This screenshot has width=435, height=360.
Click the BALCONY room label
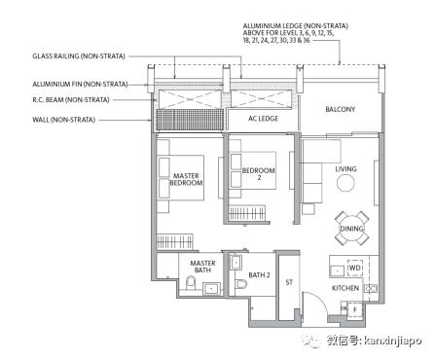pyautogui.click(x=340, y=109)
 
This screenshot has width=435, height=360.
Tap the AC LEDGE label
pyautogui.click(x=263, y=119)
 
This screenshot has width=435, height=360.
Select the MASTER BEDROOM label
pyautogui.click(x=186, y=179)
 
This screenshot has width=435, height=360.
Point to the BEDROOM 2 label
pyautogui.click(x=259, y=174)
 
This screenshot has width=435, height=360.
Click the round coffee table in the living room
pyautogui.click(x=345, y=184)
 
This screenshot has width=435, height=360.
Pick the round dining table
pyautogui.click(x=351, y=229)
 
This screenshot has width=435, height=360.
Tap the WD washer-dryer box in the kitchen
pyautogui.click(x=354, y=268)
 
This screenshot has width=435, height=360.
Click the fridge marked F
pyautogui.click(x=354, y=310)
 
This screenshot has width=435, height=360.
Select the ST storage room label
pyautogui.click(x=289, y=282)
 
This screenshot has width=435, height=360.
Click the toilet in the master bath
pyautogui.click(x=191, y=283)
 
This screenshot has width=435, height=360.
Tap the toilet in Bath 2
pyautogui.click(x=240, y=285)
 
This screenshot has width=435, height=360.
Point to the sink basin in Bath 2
pyautogui.click(x=236, y=262)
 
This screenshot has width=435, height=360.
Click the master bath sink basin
pyautogui.click(x=212, y=289)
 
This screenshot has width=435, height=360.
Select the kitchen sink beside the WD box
pyautogui.click(x=337, y=270)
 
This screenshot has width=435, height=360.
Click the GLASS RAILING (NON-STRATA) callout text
pyautogui.click(x=79, y=56)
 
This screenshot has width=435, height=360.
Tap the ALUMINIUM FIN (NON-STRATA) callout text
pyautogui.click(x=80, y=85)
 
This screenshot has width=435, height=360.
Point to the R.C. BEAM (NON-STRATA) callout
pyautogui.click(x=71, y=100)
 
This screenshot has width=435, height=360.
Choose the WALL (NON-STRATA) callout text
pyautogui.click(x=63, y=120)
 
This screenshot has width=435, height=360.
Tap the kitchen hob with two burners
pyautogui.click(x=371, y=288)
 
